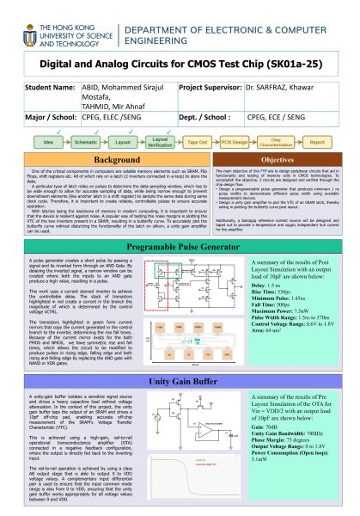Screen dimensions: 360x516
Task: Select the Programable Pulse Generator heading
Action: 179,247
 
